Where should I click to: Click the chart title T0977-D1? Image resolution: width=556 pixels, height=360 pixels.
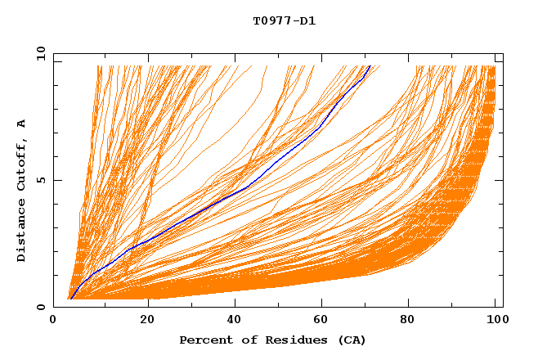point(284,21)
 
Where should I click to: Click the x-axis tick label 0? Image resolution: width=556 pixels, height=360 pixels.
point(53,322)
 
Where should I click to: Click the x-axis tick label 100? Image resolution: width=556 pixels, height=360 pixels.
point(495,322)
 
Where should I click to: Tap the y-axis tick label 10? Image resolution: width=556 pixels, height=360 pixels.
point(39,53)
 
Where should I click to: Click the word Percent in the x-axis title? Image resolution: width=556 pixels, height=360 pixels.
point(202,340)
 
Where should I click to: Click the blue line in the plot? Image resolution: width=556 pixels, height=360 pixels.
point(245,188)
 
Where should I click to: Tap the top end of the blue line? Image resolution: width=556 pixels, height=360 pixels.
point(370,65)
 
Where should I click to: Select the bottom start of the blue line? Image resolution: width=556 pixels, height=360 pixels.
point(71,299)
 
